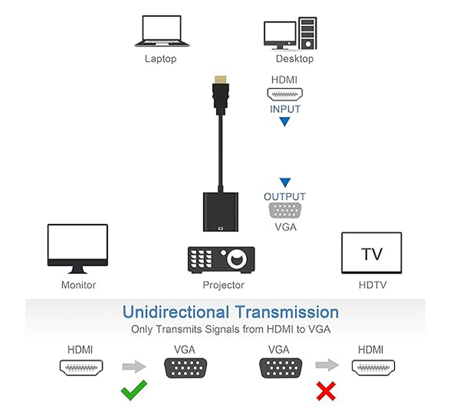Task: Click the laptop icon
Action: [162, 31]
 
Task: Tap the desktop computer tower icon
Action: [307, 33]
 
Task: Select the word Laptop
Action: [160, 59]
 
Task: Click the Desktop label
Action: [295, 59]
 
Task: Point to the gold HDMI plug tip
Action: [221, 79]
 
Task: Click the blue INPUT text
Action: [285, 109]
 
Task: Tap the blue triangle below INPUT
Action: [285, 122]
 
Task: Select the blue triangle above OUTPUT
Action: [285, 183]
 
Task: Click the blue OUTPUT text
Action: [285, 197]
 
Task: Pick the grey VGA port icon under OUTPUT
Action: [285, 210]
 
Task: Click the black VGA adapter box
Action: [221, 212]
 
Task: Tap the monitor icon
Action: [78, 249]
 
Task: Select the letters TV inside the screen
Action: [372, 254]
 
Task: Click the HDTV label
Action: [373, 285]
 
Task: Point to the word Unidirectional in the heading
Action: [176, 312]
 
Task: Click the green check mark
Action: [134, 390]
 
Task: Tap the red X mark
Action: [326, 391]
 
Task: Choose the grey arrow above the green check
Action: [134, 367]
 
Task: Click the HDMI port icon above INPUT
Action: [285, 95]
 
